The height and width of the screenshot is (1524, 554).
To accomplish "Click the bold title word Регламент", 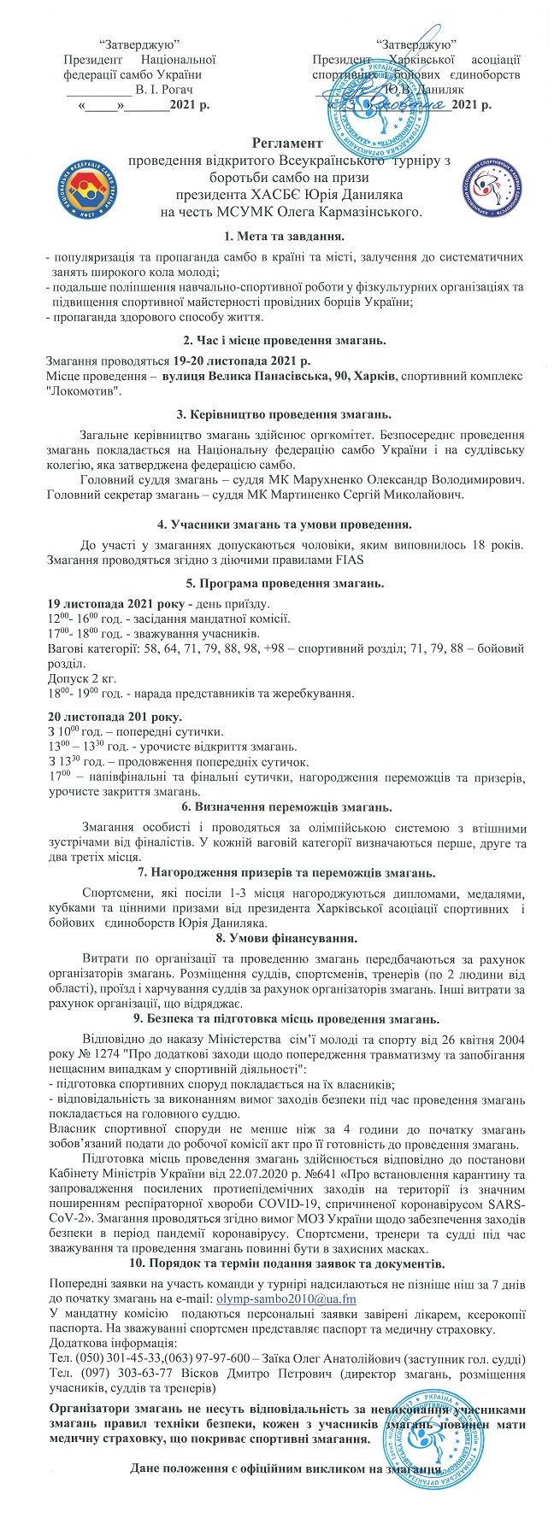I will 287,144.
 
